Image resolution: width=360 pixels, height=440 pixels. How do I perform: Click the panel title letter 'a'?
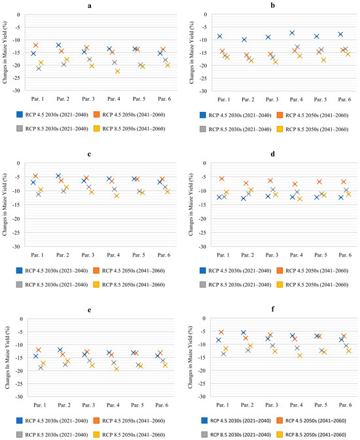[89, 6]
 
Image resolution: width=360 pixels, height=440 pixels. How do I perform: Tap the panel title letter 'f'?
[273, 309]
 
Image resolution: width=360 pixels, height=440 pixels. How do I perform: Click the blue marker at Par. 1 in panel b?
[220, 36]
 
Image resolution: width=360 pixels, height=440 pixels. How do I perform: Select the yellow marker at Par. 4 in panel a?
[117, 71]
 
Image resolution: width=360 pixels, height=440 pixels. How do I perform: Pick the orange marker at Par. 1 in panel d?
[222, 179]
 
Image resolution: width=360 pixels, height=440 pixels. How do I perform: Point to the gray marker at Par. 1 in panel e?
[41, 367]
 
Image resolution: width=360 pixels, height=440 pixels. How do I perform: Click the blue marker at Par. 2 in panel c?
[58, 176]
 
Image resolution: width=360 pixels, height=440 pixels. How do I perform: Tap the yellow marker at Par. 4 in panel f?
[300, 356]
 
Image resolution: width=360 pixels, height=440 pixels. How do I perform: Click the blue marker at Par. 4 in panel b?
[292, 33]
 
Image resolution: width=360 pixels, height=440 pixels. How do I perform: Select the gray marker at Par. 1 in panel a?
[39, 69]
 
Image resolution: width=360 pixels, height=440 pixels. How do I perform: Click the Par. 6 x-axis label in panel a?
[164, 99]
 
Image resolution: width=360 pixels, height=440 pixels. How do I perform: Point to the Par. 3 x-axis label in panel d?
[272, 255]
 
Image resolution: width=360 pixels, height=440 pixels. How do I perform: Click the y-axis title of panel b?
[192, 52]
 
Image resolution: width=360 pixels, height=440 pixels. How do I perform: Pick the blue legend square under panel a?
[20, 115]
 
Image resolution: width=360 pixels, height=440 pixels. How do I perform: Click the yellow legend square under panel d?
[279, 285]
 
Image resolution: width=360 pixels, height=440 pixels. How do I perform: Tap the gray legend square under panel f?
[205, 435]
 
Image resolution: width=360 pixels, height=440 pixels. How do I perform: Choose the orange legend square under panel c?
[96, 270]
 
